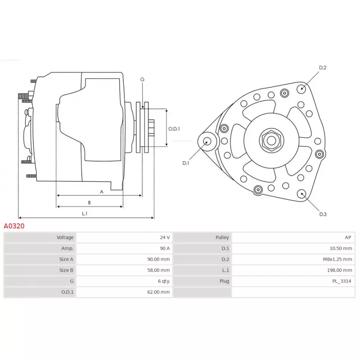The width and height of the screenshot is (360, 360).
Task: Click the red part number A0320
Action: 14,226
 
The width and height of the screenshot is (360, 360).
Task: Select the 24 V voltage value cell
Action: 165,237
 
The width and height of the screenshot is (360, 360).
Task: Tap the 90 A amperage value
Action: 165,248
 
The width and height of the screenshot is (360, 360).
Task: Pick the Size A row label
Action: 66,259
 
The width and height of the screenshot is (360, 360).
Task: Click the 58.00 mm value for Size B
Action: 160,270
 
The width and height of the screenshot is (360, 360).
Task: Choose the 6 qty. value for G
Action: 162,281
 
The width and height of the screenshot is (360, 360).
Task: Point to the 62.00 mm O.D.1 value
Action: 160,292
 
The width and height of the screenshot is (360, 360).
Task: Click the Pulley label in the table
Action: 222,237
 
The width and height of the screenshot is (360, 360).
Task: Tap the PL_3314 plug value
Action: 342,281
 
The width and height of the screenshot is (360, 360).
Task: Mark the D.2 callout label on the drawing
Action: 323,68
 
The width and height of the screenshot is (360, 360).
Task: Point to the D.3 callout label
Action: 323,214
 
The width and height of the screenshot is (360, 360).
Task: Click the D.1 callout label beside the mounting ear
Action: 186,163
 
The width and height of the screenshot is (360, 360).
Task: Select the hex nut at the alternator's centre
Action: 271,140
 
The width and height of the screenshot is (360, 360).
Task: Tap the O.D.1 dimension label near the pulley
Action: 174,129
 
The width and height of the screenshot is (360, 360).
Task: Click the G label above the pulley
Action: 142,80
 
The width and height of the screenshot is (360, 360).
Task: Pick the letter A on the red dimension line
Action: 102,192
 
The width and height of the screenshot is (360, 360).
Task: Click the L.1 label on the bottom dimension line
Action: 84,214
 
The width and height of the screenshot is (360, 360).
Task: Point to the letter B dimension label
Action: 89,203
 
